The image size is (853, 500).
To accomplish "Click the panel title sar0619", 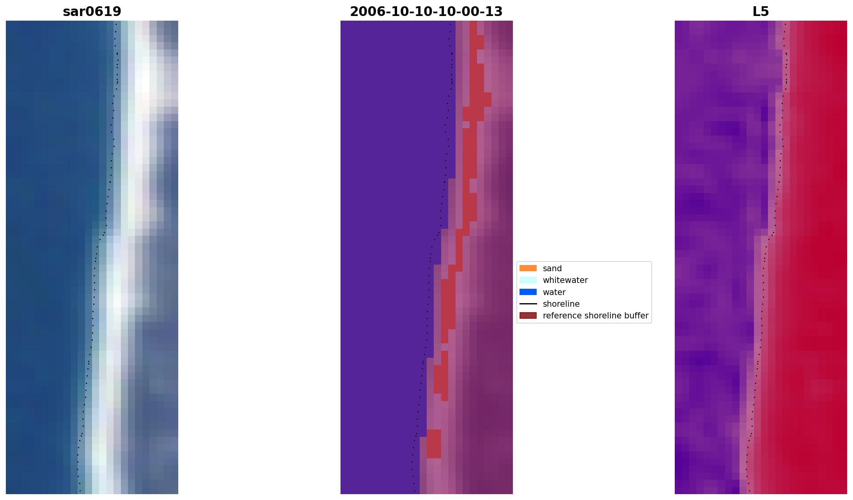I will [x=92, y=12].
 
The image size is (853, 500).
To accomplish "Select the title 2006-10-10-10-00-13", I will [x=426, y=12].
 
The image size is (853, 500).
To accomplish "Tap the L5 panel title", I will [x=760, y=12].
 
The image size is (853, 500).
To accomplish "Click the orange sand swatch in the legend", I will [x=528, y=268].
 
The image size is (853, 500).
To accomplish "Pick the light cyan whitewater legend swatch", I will [x=528, y=280].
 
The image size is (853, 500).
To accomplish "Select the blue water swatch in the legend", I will [x=528, y=292].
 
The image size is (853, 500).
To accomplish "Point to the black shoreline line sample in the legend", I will [x=528, y=304].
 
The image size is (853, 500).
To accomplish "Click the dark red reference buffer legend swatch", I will [x=528, y=315].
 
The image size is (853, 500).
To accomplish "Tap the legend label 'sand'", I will [x=552, y=269].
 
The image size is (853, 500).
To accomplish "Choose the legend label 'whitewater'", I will [x=565, y=280].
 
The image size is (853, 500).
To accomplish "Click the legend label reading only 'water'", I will [x=554, y=292].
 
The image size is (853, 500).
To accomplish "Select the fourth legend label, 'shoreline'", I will [x=561, y=304].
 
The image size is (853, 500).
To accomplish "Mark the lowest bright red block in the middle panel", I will [x=433, y=443].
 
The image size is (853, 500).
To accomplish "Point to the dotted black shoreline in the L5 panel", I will [x=763, y=273].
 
